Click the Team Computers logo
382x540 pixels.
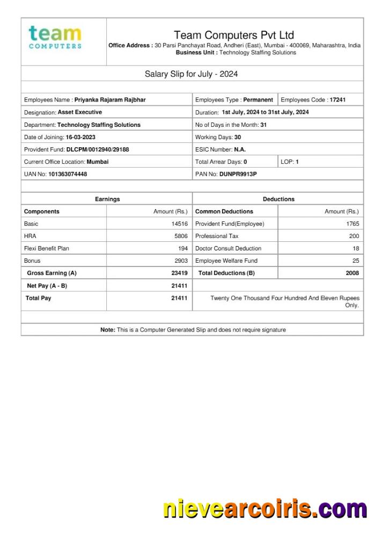55,37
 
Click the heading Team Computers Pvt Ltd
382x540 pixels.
233,35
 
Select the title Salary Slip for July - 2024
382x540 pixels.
191,74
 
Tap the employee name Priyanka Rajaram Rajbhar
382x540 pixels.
110,100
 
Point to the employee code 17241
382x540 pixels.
337,100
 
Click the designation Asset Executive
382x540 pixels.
79,112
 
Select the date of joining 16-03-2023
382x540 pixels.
80,137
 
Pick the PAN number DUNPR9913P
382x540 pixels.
238,174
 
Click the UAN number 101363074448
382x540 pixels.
68,174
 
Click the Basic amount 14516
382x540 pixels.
179,224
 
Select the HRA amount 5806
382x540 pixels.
181,236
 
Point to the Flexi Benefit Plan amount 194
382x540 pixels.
183,248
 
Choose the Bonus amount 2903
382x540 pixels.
181,261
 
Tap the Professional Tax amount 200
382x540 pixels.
354,236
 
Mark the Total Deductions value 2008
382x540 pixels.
352,273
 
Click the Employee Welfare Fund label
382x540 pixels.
226,261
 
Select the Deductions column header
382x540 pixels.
278,199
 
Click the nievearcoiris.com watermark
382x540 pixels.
265,509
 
